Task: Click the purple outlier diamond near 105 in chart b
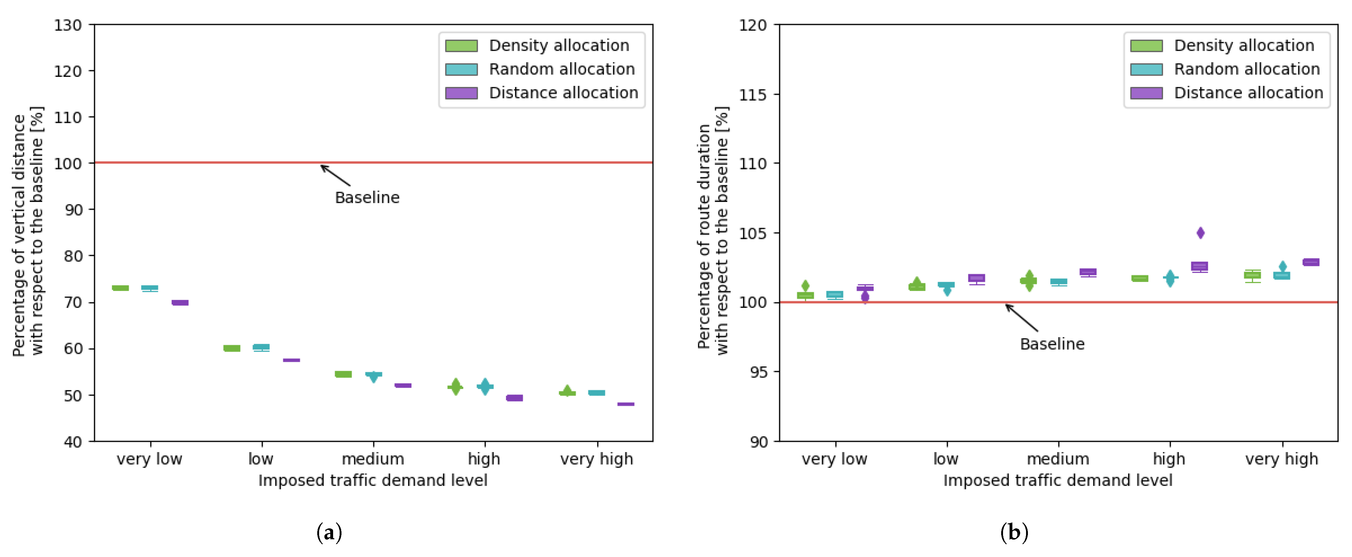point(1200,232)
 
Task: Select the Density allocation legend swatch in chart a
point(461,46)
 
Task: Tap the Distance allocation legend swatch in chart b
point(1146,93)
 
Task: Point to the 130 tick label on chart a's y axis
point(68,25)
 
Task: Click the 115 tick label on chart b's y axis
point(753,95)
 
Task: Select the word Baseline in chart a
point(367,198)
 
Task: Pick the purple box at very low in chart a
point(180,303)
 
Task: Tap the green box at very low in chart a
point(120,288)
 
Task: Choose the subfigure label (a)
point(329,533)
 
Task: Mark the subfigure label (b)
point(1014,533)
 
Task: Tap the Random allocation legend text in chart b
point(1247,69)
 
